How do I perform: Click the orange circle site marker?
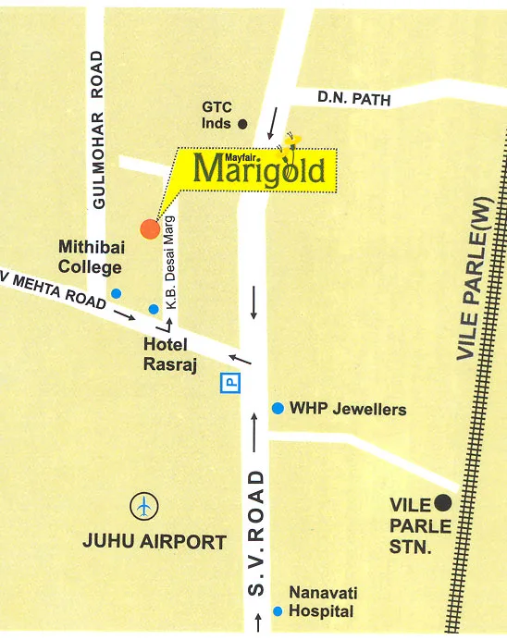[x=149, y=228]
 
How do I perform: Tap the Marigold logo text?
[x=260, y=170]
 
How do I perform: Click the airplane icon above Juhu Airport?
[x=144, y=507]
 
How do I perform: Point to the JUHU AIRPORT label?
[x=155, y=542]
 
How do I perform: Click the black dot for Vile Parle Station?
[x=443, y=503]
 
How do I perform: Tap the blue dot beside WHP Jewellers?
[x=277, y=408]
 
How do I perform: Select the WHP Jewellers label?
[x=348, y=408]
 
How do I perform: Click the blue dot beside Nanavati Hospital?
[x=277, y=611]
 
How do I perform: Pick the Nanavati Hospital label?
[x=321, y=602]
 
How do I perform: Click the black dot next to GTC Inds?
[x=243, y=123]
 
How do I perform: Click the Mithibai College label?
[x=90, y=257]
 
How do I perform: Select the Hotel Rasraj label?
[x=166, y=354]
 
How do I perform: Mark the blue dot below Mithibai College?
[x=116, y=293]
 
